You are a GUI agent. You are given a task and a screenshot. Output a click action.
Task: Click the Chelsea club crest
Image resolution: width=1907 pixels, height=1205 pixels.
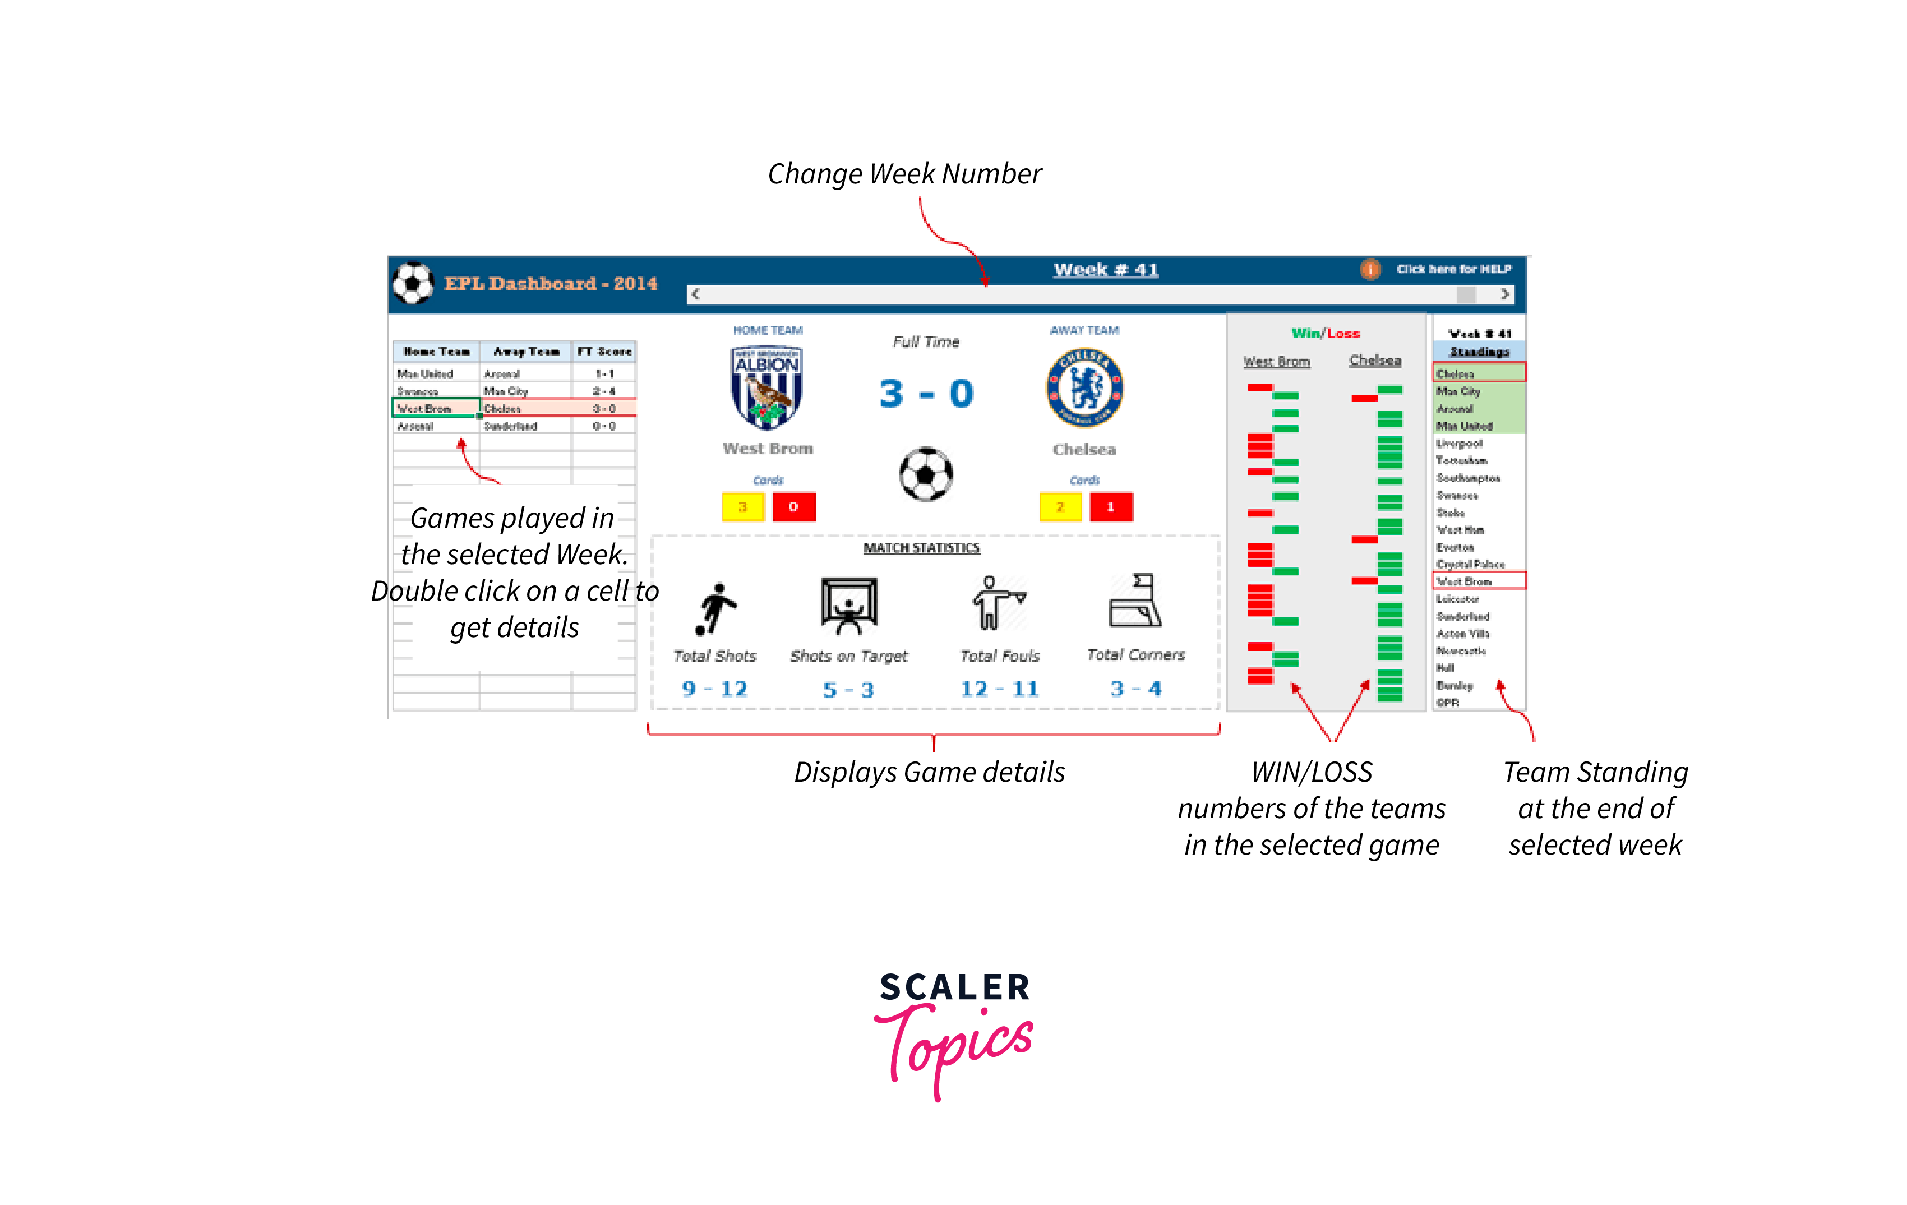tap(1084, 388)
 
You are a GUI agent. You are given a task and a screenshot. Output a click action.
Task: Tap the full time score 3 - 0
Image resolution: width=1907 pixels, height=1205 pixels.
tap(926, 394)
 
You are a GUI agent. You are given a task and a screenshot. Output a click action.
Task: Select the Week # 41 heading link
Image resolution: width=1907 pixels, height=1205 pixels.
tap(1106, 269)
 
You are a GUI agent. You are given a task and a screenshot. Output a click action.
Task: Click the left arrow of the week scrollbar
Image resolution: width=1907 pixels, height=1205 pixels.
tap(695, 294)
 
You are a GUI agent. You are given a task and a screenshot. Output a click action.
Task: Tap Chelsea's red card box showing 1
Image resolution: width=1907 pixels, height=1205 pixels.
tap(1110, 507)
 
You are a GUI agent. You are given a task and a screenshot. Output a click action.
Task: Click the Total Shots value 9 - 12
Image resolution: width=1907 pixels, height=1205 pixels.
tap(714, 689)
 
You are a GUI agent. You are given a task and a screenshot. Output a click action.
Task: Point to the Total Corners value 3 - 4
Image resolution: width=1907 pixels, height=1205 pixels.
tap(1135, 689)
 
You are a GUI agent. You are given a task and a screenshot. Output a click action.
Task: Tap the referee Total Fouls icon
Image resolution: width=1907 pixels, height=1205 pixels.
tap(998, 603)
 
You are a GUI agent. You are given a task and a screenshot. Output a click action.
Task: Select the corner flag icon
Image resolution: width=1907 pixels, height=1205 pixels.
tap(1135, 601)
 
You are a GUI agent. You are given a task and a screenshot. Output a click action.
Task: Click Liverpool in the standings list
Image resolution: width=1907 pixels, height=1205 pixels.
tap(1460, 444)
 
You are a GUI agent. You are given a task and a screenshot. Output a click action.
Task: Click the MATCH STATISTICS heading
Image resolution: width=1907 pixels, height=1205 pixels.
tap(921, 548)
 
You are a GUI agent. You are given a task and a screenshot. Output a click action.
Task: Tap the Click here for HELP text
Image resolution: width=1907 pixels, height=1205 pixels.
tap(1453, 269)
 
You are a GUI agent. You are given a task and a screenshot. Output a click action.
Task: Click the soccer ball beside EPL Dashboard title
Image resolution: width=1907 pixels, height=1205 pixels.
tap(413, 283)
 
